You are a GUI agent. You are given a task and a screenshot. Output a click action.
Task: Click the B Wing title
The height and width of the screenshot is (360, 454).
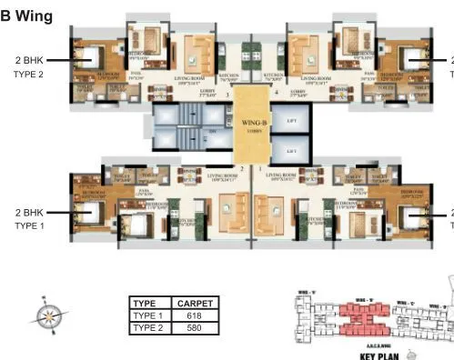coord(27,15)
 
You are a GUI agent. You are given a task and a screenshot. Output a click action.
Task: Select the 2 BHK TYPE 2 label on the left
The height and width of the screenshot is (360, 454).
coord(29,67)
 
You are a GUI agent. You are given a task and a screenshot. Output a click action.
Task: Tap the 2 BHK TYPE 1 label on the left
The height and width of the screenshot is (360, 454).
coord(29,218)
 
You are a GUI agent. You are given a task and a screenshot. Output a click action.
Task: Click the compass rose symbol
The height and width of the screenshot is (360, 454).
coord(48,315)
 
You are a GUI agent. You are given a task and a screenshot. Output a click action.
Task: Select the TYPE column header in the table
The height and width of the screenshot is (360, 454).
coord(146,304)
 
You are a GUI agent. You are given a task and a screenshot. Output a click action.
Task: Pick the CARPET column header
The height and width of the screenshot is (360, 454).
coord(194,304)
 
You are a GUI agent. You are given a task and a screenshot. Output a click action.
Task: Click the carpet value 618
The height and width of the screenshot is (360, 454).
coord(194,315)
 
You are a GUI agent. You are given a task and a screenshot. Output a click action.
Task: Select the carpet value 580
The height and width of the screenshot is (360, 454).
coord(194,327)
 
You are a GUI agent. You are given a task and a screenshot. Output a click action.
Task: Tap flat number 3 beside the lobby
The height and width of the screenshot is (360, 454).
coord(239,94)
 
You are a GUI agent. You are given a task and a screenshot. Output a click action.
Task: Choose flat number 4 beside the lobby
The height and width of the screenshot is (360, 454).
coord(277,94)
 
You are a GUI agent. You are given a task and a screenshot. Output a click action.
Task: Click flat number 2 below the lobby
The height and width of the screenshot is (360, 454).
coord(242,168)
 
